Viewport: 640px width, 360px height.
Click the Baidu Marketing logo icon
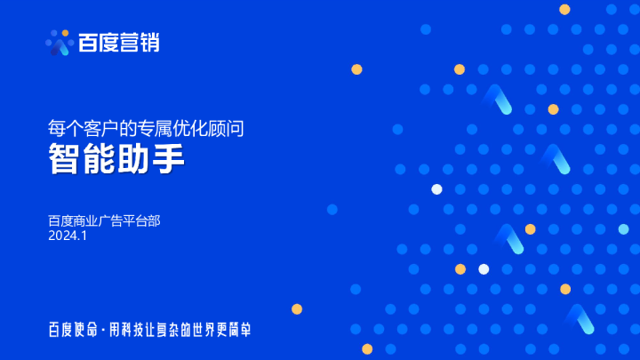click(59, 42)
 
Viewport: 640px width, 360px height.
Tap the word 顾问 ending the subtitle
click(229, 128)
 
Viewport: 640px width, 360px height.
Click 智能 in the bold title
click(82, 160)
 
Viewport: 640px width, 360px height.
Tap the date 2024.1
click(68, 236)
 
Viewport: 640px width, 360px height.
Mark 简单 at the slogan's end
click(240, 330)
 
